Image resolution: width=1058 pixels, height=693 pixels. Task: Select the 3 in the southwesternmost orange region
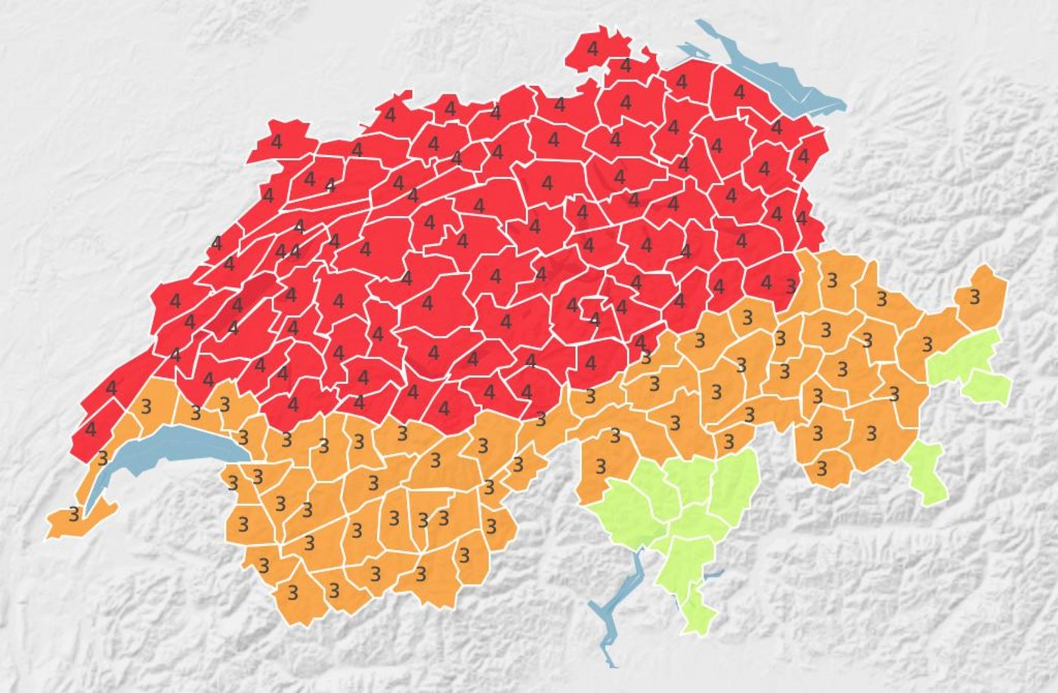73,515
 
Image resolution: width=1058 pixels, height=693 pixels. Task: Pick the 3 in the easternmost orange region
975,297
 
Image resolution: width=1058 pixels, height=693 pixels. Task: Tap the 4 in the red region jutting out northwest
276,141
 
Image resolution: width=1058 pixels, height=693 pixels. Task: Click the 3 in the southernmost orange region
294,590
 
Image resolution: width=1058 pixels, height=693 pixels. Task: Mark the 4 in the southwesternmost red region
91,429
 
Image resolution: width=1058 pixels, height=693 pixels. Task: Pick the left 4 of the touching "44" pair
281,250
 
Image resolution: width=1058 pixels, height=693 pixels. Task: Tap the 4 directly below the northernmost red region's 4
626,66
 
